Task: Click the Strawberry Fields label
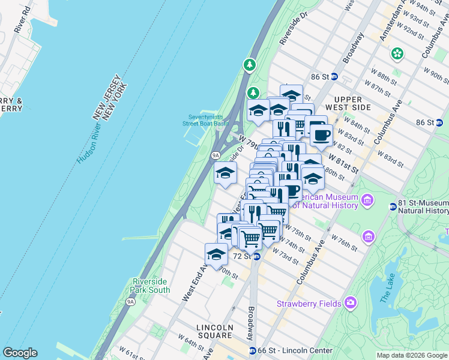click(x=309, y=304)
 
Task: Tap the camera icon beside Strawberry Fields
click(x=350, y=303)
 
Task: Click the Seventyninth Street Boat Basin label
click(x=206, y=120)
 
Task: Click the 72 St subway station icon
click(x=256, y=256)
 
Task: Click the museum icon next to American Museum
click(x=367, y=199)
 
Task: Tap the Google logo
click(x=20, y=352)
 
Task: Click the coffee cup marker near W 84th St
click(x=321, y=134)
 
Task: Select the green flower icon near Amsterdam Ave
click(x=397, y=54)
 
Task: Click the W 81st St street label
click(x=343, y=163)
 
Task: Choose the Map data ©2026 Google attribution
click(x=411, y=355)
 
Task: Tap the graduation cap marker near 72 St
click(x=216, y=254)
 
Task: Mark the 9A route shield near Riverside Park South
click(x=131, y=302)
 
